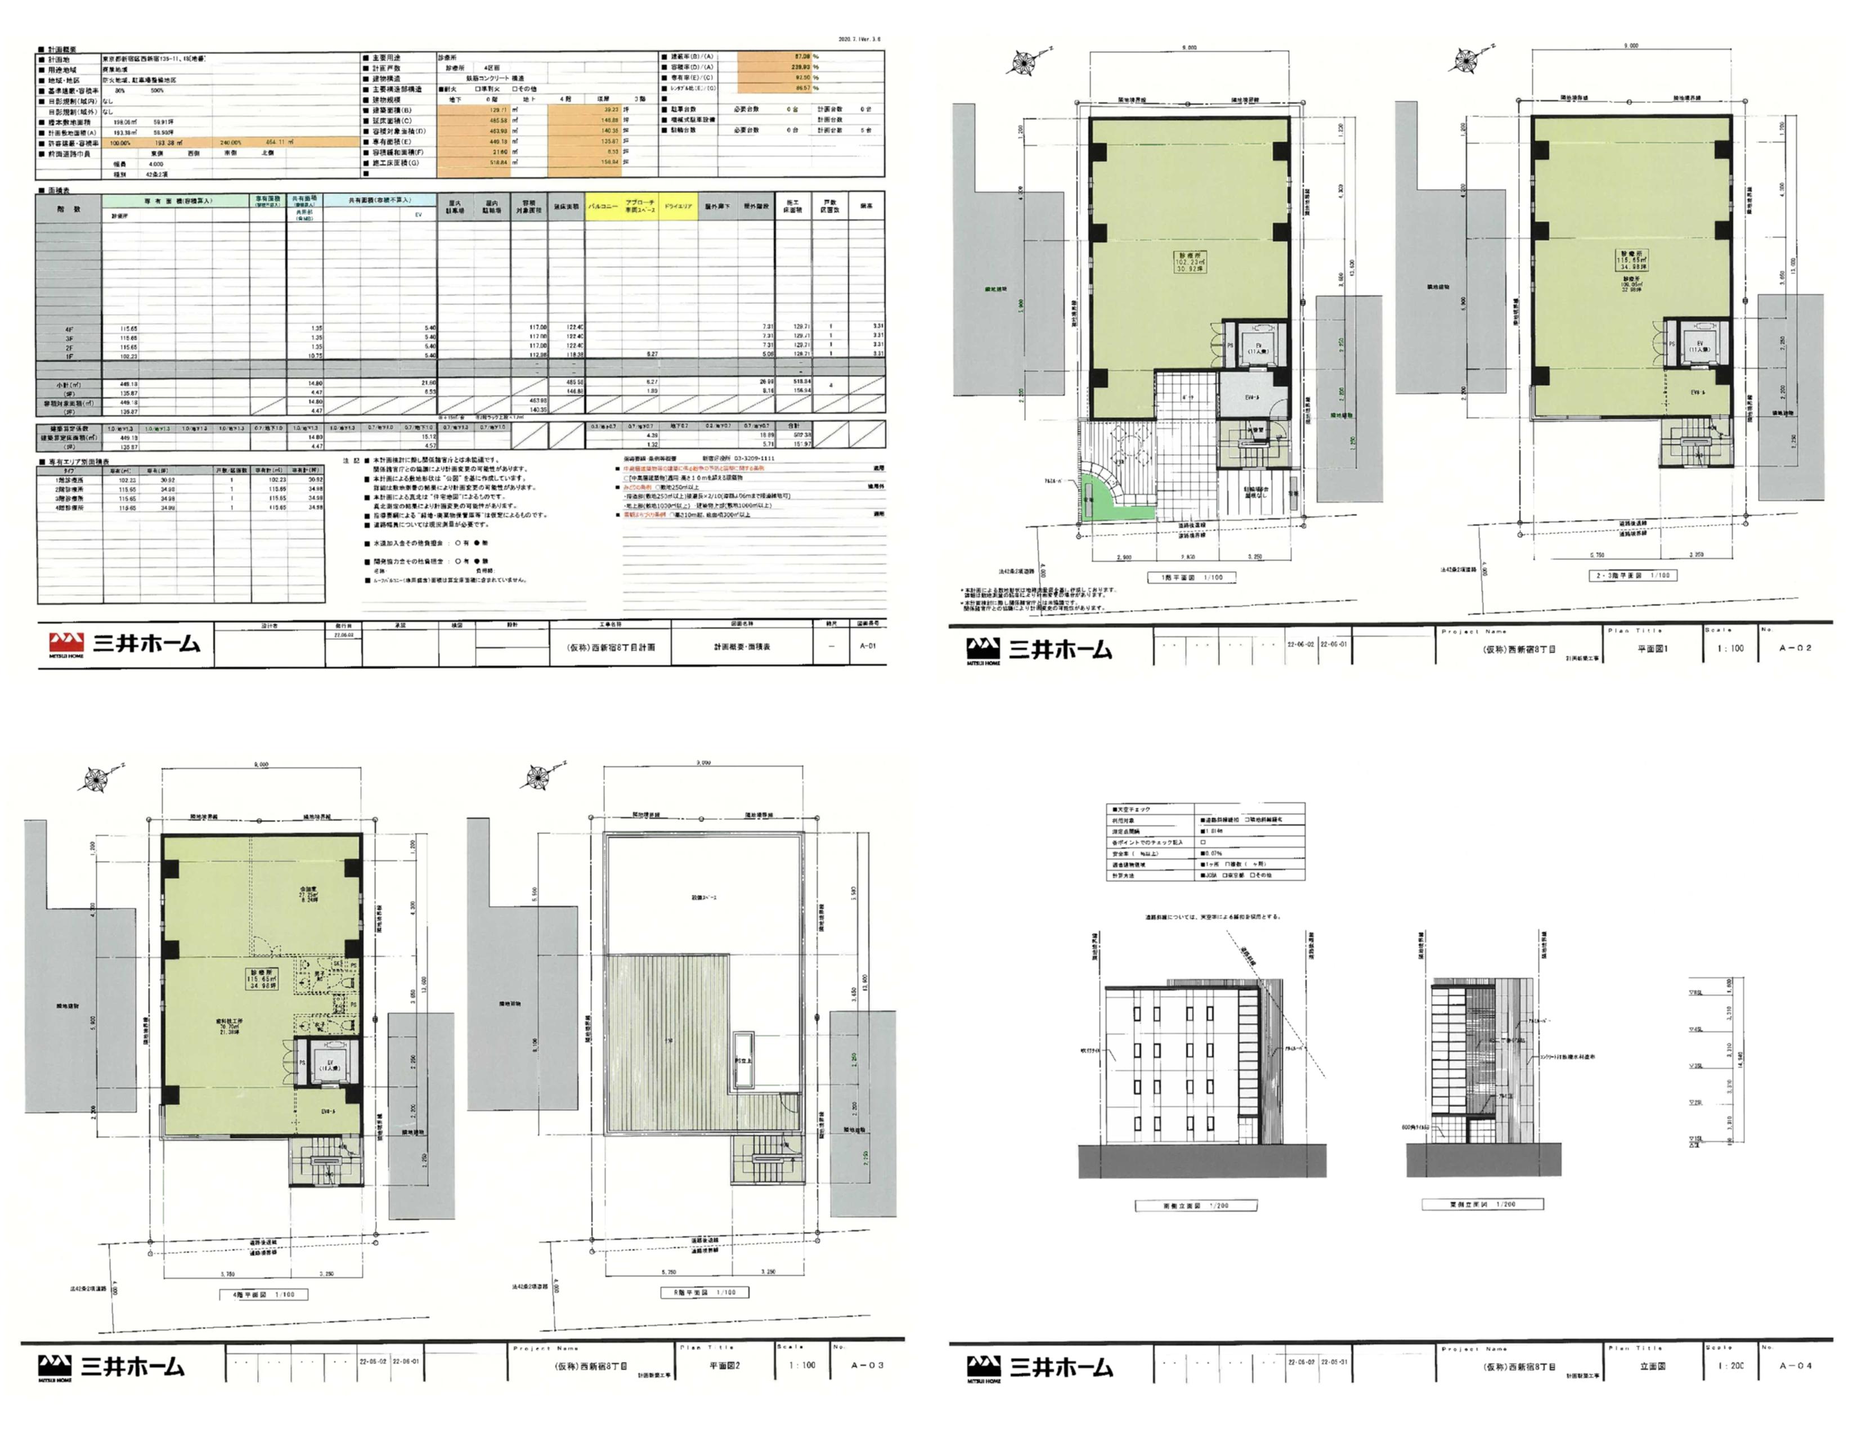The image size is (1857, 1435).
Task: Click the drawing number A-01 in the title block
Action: [867, 646]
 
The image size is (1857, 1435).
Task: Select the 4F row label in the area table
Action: [69, 328]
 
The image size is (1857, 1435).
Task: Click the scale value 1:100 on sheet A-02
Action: [1730, 648]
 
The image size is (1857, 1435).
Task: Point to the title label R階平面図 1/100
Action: [704, 1291]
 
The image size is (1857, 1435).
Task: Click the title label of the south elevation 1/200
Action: [1195, 1205]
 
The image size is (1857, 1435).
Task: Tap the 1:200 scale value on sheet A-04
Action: [1730, 1365]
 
